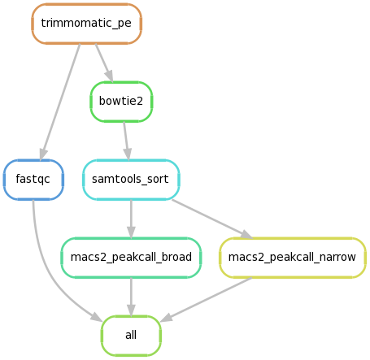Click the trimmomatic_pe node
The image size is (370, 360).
coord(86,24)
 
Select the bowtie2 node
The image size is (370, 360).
coord(121,102)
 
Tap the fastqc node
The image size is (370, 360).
coord(33,180)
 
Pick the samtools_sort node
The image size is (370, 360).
coord(131,180)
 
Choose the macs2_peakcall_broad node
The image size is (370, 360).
coord(131,258)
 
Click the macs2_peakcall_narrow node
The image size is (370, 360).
coord(293,258)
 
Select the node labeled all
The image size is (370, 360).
coord(131,336)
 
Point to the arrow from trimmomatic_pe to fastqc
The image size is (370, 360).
coord(60,102)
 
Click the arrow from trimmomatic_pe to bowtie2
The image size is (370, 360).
coord(104,63)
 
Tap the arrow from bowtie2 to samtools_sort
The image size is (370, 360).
coord(127,141)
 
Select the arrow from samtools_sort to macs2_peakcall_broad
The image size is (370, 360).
coord(131,219)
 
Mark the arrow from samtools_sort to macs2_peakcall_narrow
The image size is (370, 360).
coord(212,219)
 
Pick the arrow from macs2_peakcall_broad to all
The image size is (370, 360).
coord(131,297)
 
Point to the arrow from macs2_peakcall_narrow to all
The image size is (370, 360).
coord(207,300)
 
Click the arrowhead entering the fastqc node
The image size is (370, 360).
coord(43,154)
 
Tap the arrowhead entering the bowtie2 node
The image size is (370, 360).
coord(110,76)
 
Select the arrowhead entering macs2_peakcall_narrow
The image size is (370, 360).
coord(246,234)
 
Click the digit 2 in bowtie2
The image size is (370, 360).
coord(139,101)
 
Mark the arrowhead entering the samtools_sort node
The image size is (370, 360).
coord(128,154)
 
